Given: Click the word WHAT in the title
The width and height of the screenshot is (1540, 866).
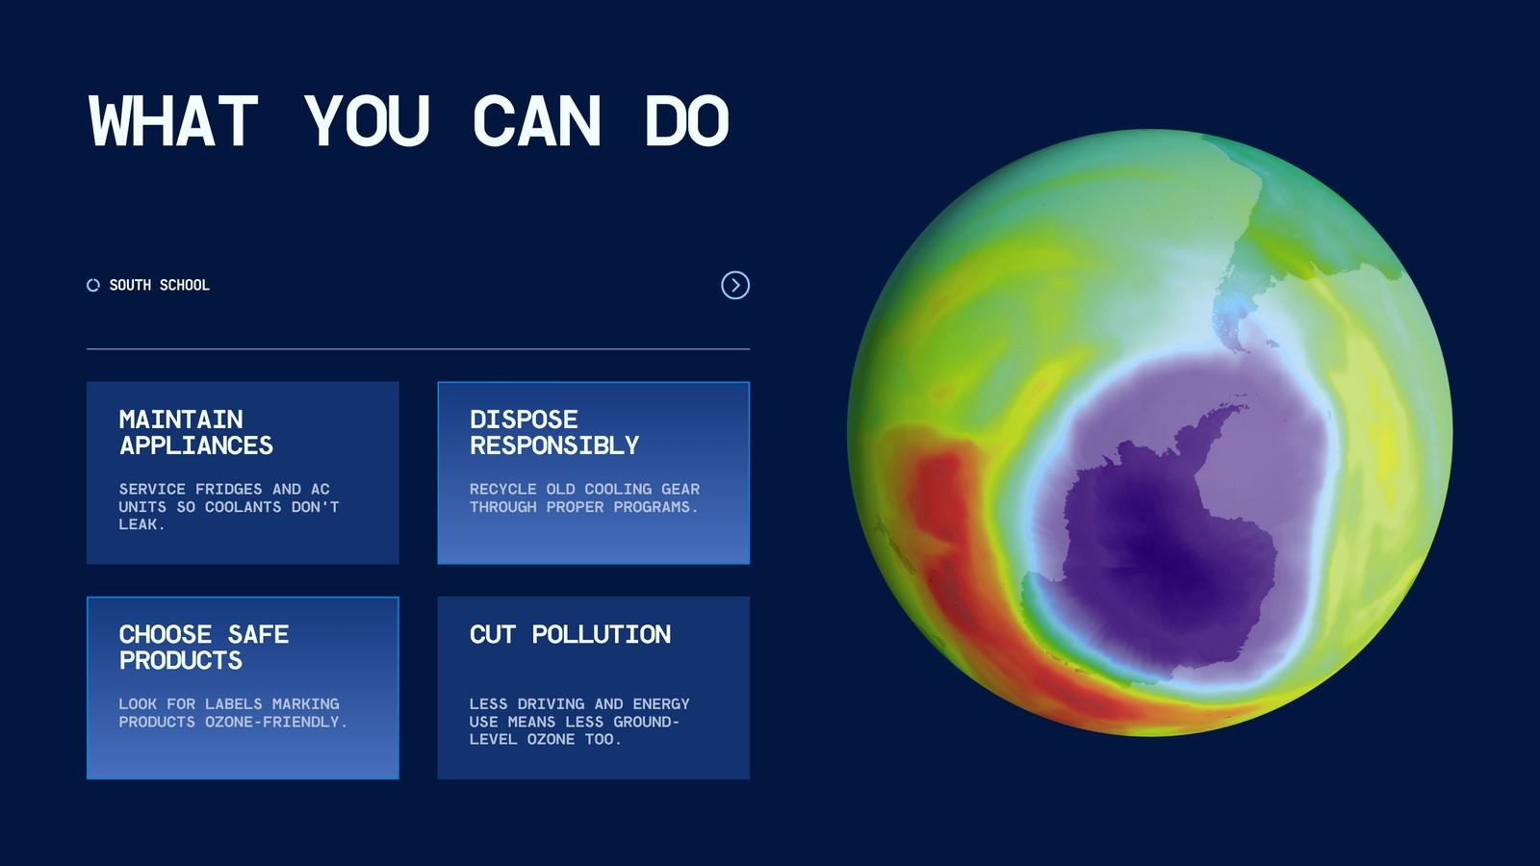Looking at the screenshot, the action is pos(173,121).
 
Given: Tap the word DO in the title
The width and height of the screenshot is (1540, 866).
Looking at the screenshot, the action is pos(687,121).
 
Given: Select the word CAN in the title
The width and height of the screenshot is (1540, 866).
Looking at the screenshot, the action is pos(537,121).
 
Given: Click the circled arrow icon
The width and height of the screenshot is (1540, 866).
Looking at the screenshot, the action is pos(735,285).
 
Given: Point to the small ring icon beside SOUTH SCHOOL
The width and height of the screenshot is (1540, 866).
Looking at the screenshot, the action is pos(93,285).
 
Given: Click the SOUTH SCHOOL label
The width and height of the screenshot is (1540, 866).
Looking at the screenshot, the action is pos(160,285).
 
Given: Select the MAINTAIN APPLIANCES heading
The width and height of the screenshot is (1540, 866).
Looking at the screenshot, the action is pos(196,432).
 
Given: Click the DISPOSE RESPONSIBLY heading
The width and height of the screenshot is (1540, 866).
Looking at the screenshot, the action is pos(554,432).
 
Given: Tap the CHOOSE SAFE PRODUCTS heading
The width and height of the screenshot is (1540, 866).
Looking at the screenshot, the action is pos(203,647).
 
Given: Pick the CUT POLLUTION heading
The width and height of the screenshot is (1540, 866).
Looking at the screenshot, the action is pos(570,634).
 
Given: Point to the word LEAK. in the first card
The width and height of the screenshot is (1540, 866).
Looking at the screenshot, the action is pos(142,524).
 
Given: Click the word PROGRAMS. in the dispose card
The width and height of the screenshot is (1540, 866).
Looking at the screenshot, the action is pos(655,507).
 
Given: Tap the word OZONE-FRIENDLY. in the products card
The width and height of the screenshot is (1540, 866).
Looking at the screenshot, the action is pos(276,722).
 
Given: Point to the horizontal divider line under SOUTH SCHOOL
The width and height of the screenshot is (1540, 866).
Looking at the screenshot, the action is pos(418,349).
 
